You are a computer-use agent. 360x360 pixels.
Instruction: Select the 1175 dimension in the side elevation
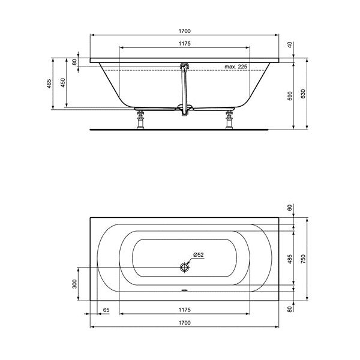pyautogui.click(x=184, y=43)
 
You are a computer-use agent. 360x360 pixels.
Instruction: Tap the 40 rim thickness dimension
pyautogui.click(x=289, y=45)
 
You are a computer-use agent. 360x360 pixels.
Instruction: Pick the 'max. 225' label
pyautogui.click(x=236, y=67)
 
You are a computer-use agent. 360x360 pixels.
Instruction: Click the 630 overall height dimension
pyautogui.click(x=304, y=95)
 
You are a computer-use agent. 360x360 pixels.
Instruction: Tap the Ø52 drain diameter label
pyautogui.click(x=198, y=255)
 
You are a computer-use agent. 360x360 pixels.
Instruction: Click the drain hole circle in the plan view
pyautogui.click(x=184, y=266)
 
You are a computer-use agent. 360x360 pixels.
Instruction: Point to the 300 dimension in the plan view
pyautogui.click(x=75, y=284)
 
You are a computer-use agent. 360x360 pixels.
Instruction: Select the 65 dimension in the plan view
pyautogui.click(x=106, y=310)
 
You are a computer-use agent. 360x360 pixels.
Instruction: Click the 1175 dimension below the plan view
pyautogui.click(x=184, y=310)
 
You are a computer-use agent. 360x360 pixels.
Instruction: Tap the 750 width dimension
pyautogui.click(x=304, y=259)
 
